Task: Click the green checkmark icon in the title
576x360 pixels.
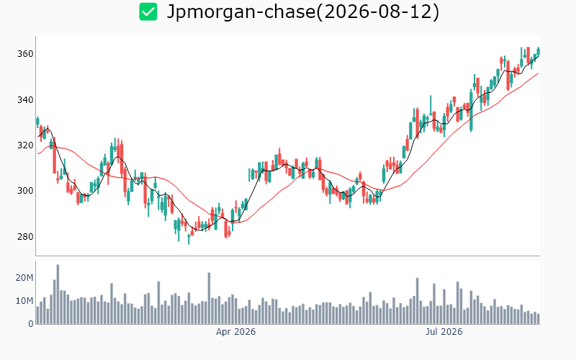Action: [x=148, y=12]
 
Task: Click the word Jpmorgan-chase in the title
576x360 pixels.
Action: [x=241, y=12]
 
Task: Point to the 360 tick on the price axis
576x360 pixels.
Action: [x=25, y=54]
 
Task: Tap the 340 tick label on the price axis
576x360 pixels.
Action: [x=25, y=100]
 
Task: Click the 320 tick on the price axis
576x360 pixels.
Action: [x=25, y=145]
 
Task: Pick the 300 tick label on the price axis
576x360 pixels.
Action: [x=25, y=191]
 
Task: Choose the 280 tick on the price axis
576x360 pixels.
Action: [x=25, y=237]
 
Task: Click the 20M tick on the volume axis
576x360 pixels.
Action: [x=24, y=278]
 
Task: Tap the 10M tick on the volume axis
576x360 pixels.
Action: [x=24, y=301]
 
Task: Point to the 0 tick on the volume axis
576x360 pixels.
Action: [x=31, y=324]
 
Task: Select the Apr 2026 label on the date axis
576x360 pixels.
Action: [x=235, y=332]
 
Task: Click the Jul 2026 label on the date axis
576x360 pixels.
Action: [x=444, y=332]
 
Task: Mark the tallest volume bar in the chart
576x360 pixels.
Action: [x=58, y=294]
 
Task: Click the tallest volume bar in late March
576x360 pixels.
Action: [x=209, y=298]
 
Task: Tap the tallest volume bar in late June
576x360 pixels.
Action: [x=418, y=301]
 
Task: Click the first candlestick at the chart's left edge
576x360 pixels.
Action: [x=37, y=121]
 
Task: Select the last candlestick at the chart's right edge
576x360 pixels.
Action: [x=539, y=51]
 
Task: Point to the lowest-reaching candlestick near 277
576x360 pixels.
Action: [x=189, y=239]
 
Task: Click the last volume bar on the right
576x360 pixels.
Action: [x=539, y=318]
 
